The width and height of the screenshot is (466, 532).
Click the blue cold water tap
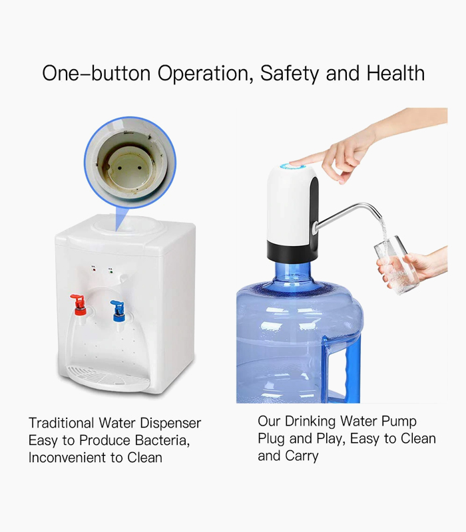(119, 309)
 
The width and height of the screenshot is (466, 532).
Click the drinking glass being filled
(395, 263)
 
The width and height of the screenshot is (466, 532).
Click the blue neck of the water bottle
(293, 273)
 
